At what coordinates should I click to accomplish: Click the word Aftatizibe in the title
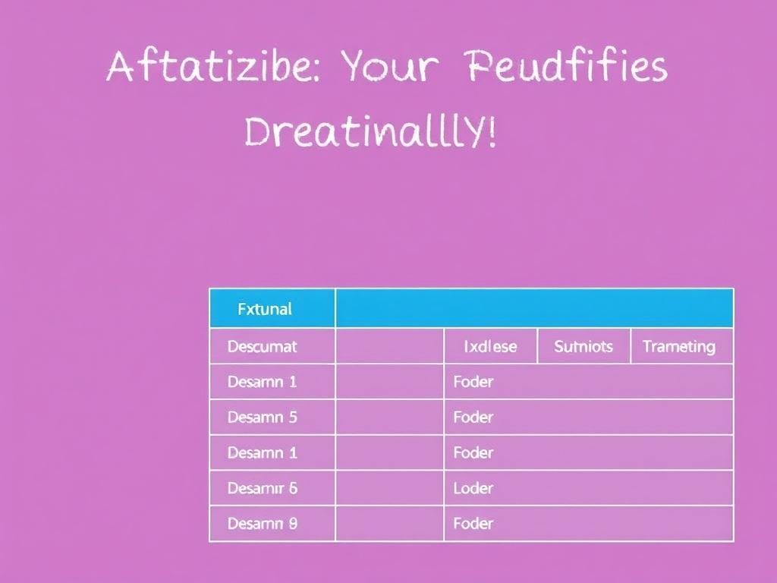215,68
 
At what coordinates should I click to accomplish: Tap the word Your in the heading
390,68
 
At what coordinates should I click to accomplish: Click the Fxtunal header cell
264,309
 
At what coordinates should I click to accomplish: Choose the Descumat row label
262,347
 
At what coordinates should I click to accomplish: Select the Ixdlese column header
490,347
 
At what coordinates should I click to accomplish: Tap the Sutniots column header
584,347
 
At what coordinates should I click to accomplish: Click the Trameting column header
679,347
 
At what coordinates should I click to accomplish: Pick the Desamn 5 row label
262,418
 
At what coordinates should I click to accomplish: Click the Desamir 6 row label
262,488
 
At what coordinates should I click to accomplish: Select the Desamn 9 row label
262,524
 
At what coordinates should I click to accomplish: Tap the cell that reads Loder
473,488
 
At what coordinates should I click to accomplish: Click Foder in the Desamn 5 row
473,418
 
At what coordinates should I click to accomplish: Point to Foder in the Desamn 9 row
473,524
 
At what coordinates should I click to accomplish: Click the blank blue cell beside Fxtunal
534,308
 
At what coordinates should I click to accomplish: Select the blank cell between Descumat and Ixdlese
388,347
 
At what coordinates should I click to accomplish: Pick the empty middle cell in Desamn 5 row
388,418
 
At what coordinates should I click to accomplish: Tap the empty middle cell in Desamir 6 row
388,488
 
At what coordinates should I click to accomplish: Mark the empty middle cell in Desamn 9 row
388,524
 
